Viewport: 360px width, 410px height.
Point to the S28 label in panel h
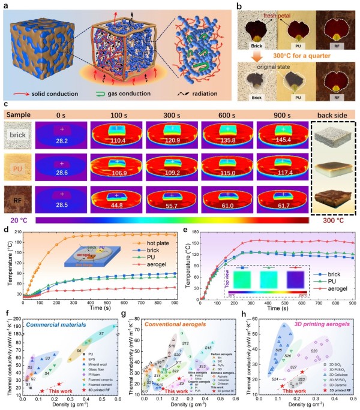pos(313,351)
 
